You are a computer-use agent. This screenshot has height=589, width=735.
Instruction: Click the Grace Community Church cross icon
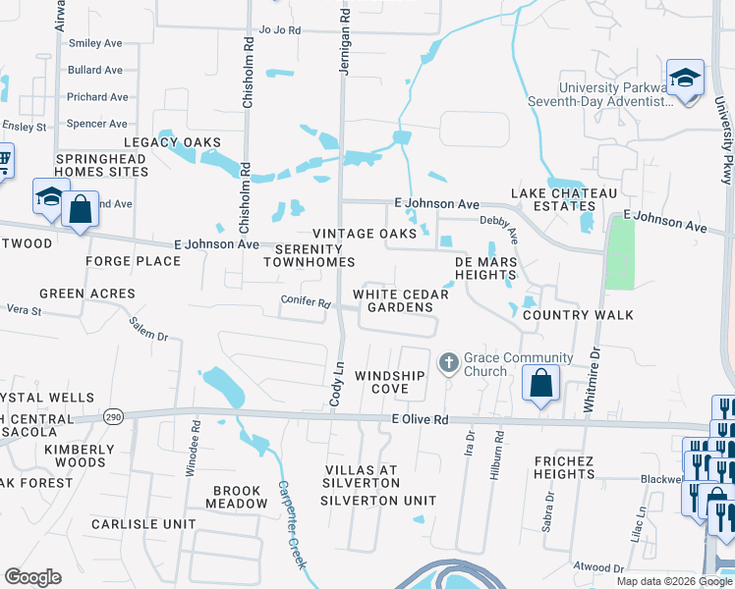click(449, 364)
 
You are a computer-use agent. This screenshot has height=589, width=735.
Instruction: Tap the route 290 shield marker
click(114, 415)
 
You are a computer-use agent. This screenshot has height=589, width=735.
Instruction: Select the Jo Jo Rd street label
click(279, 30)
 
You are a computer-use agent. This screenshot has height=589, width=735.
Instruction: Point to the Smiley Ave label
click(95, 43)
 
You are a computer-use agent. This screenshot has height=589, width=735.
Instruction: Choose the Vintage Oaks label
click(357, 234)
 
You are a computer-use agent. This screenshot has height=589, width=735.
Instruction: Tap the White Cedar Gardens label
click(393, 300)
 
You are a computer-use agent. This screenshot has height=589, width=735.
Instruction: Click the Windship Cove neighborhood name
click(390, 382)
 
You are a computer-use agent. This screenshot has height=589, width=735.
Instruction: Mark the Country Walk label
click(578, 315)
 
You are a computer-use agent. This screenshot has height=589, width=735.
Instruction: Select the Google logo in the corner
click(32, 577)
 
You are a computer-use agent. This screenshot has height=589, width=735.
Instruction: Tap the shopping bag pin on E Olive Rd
click(540, 382)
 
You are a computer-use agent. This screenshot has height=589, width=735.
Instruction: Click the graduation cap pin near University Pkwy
click(684, 77)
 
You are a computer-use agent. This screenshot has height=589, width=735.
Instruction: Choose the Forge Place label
click(134, 261)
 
